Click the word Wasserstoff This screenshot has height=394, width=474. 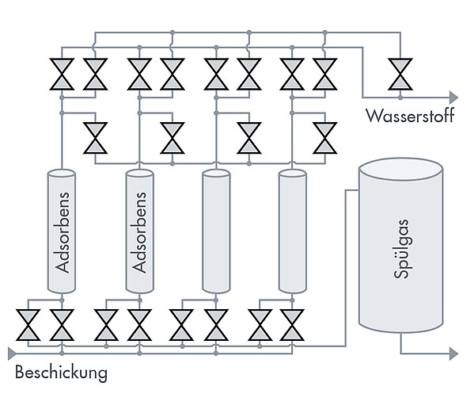point(410,116)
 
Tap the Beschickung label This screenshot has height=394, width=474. point(62,372)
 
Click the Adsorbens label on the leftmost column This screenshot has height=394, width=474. point(63,232)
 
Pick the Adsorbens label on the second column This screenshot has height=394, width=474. point(139,232)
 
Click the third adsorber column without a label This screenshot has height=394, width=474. point(216,231)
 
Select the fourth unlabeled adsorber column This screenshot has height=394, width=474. point(292,231)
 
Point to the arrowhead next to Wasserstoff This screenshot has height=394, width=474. point(453,98)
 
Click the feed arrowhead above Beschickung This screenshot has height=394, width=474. point(12,354)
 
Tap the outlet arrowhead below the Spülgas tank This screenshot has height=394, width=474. point(453,354)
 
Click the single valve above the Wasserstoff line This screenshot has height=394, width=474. point(400,75)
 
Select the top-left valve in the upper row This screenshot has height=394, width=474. point(62,75)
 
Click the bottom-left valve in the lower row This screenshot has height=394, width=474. point(28,325)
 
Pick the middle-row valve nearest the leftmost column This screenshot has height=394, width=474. point(95,138)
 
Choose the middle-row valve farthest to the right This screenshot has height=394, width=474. point(325,138)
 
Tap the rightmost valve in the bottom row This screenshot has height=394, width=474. point(292,325)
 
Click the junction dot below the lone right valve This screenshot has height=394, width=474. point(400,98)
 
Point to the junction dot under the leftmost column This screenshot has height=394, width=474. point(62,300)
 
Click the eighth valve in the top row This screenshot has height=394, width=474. point(325,75)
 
